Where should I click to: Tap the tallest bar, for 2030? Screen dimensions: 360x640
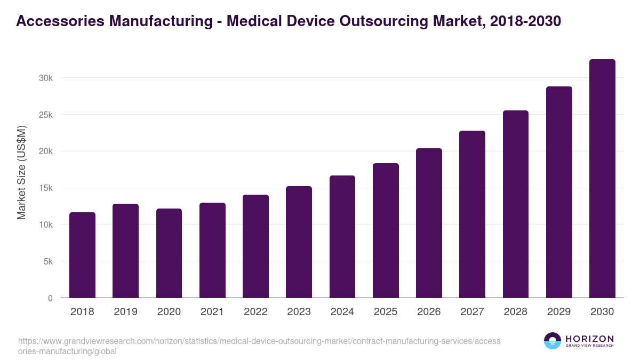coord(602,179)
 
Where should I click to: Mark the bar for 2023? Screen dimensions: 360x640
coord(299,242)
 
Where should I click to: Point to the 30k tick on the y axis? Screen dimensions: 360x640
coord(46,78)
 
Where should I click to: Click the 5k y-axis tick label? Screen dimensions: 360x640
coord(48,261)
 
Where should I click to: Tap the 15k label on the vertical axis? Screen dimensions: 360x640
coord(46,188)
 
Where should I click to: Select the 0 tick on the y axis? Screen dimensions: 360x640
coord(50,298)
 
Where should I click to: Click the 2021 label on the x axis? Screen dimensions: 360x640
coord(212,312)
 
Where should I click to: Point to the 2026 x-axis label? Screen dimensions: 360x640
coord(429,312)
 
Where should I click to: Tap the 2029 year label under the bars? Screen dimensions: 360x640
coord(559,312)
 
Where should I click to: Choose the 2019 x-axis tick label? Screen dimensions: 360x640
coord(125,312)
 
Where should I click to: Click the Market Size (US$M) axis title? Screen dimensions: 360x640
coord(21,172)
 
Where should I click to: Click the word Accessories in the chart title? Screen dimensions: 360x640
coord(59,21)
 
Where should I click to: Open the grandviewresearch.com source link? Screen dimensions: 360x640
coord(259,346)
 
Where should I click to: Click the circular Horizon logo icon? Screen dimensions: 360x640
coord(553,341)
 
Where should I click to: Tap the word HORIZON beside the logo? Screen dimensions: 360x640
coord(589,338)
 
